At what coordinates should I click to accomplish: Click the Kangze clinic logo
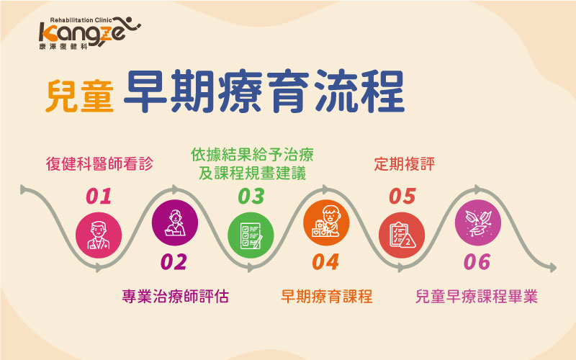[x=89, y=33]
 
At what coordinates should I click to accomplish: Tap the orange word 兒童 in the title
[x=80, y=96]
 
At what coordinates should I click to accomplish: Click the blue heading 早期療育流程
[x=264, y=91]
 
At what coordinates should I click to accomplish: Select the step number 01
[x=99, y=197]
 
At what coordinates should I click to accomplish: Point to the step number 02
[x=174, y=262]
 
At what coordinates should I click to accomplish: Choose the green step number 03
[x=251, y=197]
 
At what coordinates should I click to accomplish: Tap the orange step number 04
[x=325, y=262]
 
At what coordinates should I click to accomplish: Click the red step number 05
[x=402, y=197]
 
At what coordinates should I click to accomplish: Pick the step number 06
[x=477, y=262]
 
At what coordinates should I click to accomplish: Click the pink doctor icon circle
[x=99, y=235]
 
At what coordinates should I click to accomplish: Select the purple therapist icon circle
[x=175, y=222]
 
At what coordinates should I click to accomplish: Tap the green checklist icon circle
[x=251, y=235]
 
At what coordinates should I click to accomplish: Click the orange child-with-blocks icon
[x=326, y=222]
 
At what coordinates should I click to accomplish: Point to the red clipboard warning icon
[x=402, y=235]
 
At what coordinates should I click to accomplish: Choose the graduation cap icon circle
[x=478, y=222]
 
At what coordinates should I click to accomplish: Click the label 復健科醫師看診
[x=99, y=164]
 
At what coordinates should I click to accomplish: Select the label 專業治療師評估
[x=176, y=297]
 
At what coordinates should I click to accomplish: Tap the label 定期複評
[x=405, y=164]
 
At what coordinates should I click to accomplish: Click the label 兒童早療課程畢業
[x=477, y=297]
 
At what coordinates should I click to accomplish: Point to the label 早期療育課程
[x=327, y=297]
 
